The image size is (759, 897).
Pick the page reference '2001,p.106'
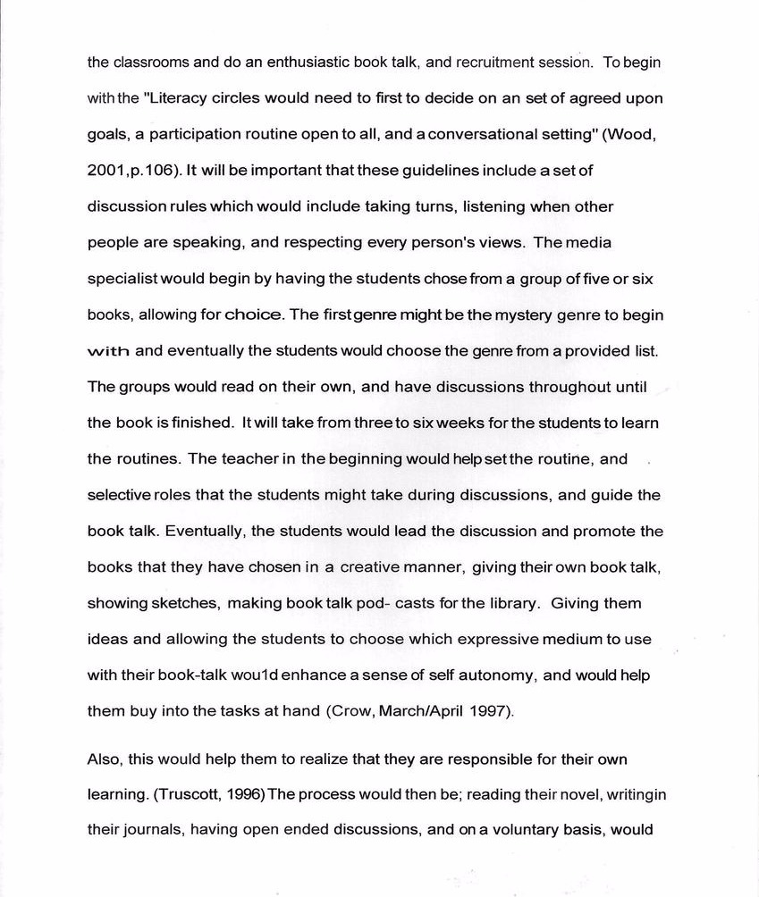[x=127, y=171]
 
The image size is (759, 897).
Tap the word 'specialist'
[x=120, y=279]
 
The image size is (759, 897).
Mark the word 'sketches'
[x=185, y=603]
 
